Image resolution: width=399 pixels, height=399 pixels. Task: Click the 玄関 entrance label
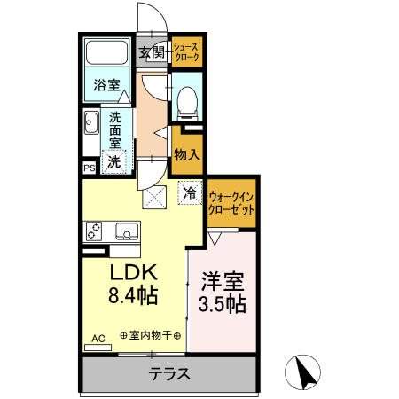[x=152, y=52]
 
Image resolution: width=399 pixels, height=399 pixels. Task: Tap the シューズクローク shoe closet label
[x=186, y=52]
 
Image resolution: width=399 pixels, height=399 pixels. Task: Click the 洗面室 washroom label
[x=114, y=129]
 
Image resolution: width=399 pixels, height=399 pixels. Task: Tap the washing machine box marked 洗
[x=113, y=161]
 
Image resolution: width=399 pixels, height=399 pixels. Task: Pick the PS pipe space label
[x=89, y=167]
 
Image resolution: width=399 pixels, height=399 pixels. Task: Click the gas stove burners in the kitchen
[x=95, y=231]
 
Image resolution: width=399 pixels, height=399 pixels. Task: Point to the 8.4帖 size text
[x=133, y=296]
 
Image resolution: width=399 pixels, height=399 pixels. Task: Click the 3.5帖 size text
[x=222, y=305]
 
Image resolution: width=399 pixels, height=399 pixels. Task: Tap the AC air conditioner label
[x=98, y=338]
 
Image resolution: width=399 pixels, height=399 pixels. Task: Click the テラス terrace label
[x=168, y=373]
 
